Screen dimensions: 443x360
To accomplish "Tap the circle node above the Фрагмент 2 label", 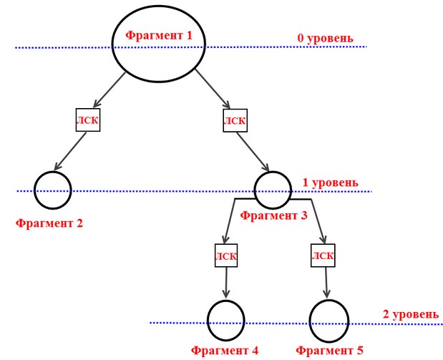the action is pyautogui.click(x=34, y=190).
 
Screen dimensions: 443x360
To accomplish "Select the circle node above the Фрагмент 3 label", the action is pyautogui.click(x=255, y=190).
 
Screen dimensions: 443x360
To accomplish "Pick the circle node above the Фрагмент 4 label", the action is pyautogui.click(x=208, y=321).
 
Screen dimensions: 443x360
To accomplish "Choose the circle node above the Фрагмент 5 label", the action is pyautogui.click(x=310, y=321).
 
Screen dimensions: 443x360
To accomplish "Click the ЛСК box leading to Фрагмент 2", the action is pyautogui.click(x=88, y=120).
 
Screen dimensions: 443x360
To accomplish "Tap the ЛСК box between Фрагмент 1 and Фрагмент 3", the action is pyautogui.click(x=235, y=120).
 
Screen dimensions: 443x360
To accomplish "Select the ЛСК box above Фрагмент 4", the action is pyautogui.click(x=226, y=256).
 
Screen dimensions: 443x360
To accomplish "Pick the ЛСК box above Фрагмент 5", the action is pyautogui.click(x=323, y=256).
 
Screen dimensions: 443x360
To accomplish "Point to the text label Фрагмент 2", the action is pyautogui.click(x=49, y=223).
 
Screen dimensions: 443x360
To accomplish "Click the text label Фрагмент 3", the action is pyautogui.click(x=273, y=216).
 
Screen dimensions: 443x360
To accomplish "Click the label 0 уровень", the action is pyautogui.click(x=325, y=38).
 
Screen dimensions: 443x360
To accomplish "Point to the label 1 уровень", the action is pyautogui.click(x=330, y=183).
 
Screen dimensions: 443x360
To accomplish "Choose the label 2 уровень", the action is pyautogui.click(x=411, y=314).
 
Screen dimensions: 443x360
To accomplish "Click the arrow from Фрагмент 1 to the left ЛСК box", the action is pyautogui.click(x=109, y=90).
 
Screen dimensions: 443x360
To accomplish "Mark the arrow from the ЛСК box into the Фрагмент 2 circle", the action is pyautogui.click(x=70, y=152).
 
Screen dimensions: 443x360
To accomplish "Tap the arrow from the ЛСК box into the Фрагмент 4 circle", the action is pyautogui.click(x=226, y=282).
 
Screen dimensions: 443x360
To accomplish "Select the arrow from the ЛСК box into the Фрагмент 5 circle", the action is pyautogui.click(x=326, y=282).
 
